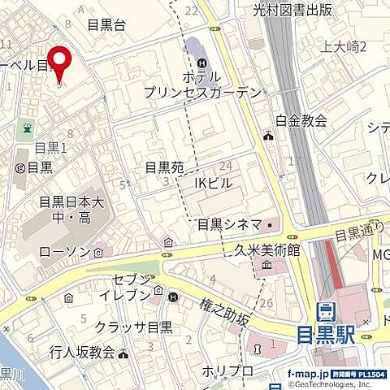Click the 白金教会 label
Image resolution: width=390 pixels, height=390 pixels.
(301, 120)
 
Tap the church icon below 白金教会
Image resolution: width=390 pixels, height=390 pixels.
(268, 136)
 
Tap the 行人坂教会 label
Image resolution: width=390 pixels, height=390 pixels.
(82, 353)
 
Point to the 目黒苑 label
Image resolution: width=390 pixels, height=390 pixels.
(163, 168)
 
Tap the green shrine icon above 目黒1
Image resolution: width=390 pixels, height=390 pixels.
(27, 128)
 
